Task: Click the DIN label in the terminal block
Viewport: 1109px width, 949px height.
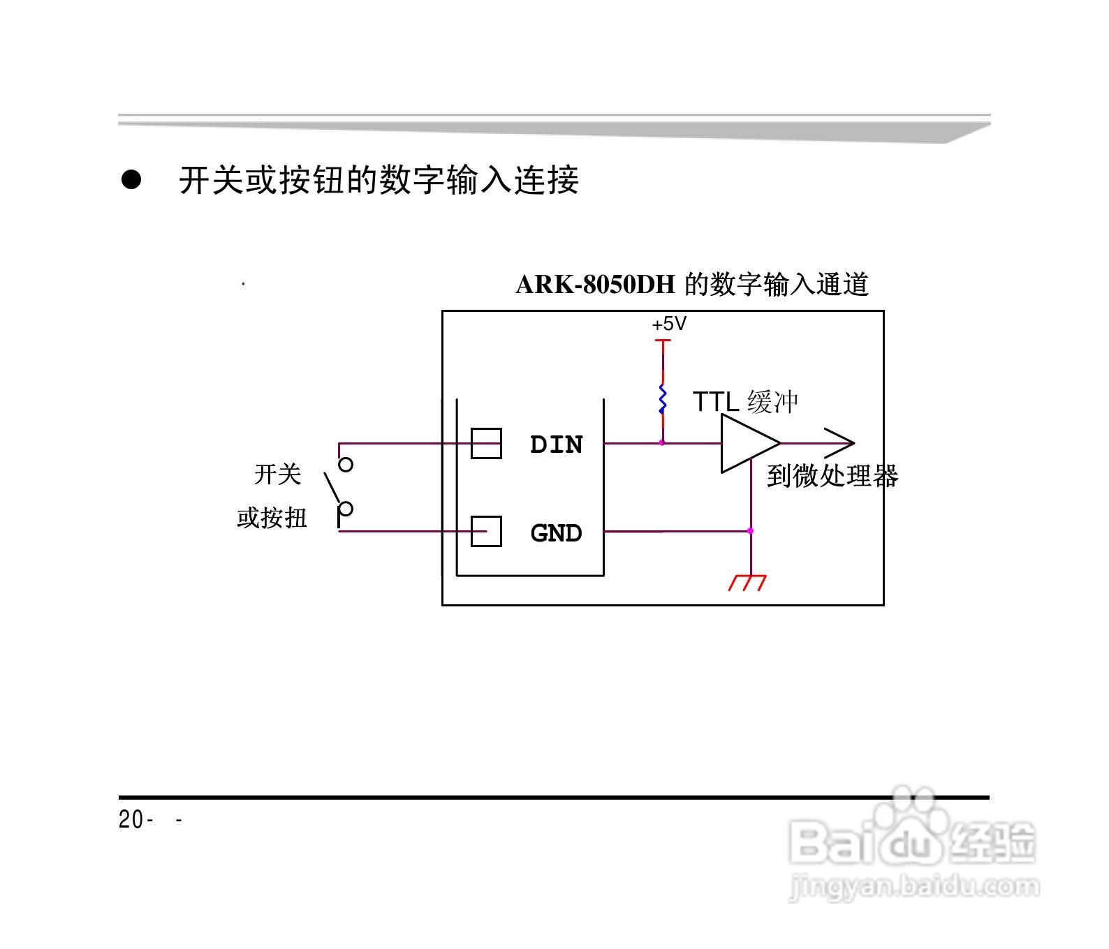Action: click(x=556, y=444)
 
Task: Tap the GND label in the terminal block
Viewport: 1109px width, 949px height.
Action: click(x=556, y=533)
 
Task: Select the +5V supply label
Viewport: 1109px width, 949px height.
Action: click(x=669, y=324)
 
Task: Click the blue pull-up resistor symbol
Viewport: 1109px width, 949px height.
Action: click(x=662, y=399)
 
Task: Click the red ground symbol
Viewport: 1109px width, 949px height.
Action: click(x=748, y=582)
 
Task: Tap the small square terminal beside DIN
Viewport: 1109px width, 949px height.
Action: click(x=486, y=443)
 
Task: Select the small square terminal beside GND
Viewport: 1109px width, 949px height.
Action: click(x=486, y=531)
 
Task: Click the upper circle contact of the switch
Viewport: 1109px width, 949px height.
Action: click(x=346, y=464)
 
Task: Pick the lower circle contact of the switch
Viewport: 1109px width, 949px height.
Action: click(x=346, y=508)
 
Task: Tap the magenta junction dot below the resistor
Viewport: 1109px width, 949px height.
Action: click(x=662, y=442)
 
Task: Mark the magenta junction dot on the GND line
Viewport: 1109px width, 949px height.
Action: click(x=751, y=531)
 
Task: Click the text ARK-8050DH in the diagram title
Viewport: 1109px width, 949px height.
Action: click(x=595, y=285)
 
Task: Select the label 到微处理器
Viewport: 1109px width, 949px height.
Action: click(x=832, y=476)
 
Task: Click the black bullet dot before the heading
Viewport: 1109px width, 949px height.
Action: click(x=131, y=180)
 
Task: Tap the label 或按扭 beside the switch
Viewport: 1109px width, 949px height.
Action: click(x=272, y=518)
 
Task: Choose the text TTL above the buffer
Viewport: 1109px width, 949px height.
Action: click(x=715, y=402)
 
